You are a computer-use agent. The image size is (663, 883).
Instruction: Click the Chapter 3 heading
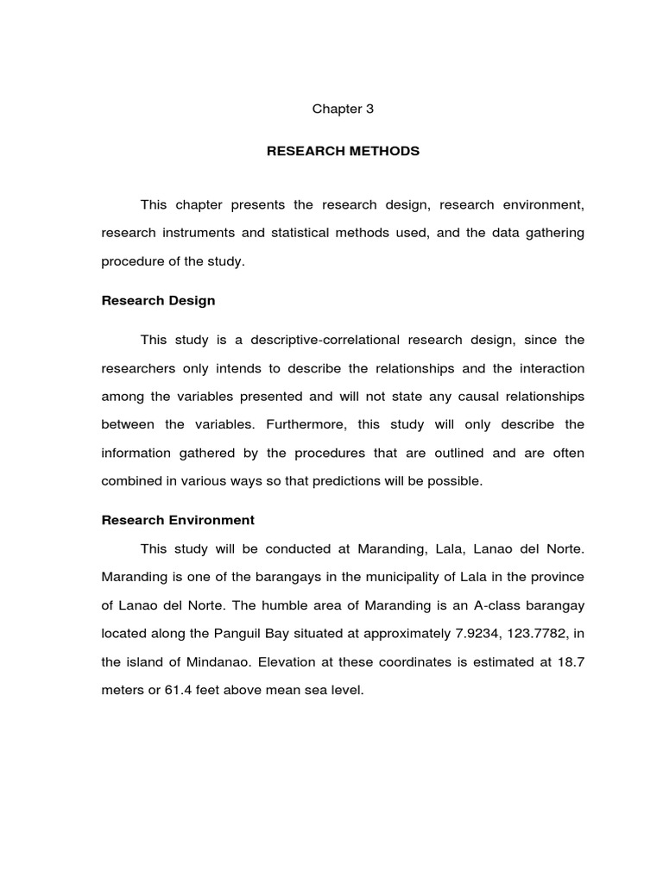click(343, 110)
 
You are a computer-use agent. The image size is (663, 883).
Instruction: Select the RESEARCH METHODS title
click(343, 151)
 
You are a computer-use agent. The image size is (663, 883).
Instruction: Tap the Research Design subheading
click(158, 301)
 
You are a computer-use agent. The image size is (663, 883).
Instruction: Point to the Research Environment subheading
click(178, 520)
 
